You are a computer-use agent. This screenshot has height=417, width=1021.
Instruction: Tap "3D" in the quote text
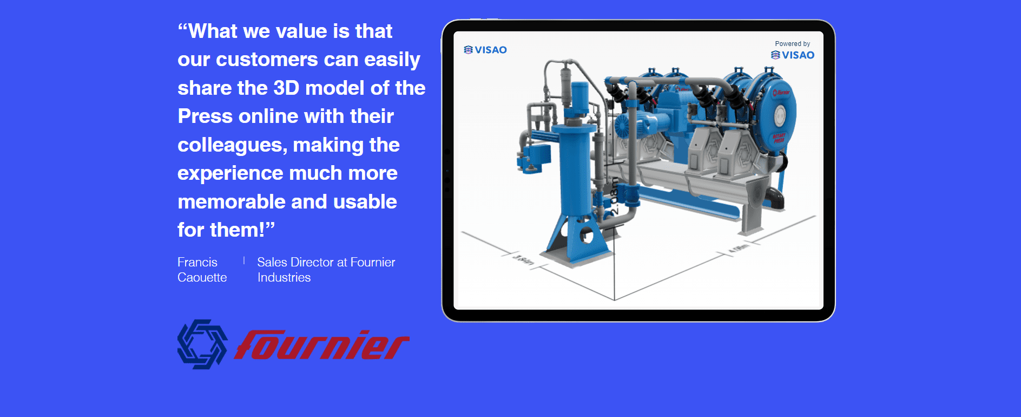pyautogui.click(x=286, y=88)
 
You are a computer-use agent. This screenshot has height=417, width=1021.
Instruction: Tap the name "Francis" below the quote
pyautogui.click(x=197, y=262)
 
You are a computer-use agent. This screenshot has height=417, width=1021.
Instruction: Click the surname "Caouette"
pyautogui.click(x=202, y=277)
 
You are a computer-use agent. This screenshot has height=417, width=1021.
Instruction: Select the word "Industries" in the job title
pyautogui.click(x=284, y=277)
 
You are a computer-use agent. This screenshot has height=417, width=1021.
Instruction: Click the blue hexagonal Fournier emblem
pyautogui.click(x=202, y=344)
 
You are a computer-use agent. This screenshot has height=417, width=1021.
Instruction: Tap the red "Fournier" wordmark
pyautogui.click(x=321, y=346)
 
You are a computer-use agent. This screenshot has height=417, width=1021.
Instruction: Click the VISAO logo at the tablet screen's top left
pyautogui.click(x=485, y=50)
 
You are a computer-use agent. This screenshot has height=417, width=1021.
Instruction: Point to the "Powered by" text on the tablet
pyautogui.click(x=792, y=44)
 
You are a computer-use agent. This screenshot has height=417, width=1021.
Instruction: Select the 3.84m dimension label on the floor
pyautogui.click(x=523, y=260)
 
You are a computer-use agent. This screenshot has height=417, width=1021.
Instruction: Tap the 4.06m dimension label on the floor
pyautogui.click(x=739, y=249)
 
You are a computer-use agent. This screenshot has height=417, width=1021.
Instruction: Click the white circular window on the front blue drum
pyautogui.click(x=780, y=115)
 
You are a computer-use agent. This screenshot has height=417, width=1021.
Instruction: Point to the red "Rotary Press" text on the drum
pyautogui.click(x=779, y=138)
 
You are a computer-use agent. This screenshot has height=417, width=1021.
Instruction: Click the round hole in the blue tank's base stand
pyautogui.click(x=587, y=236)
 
